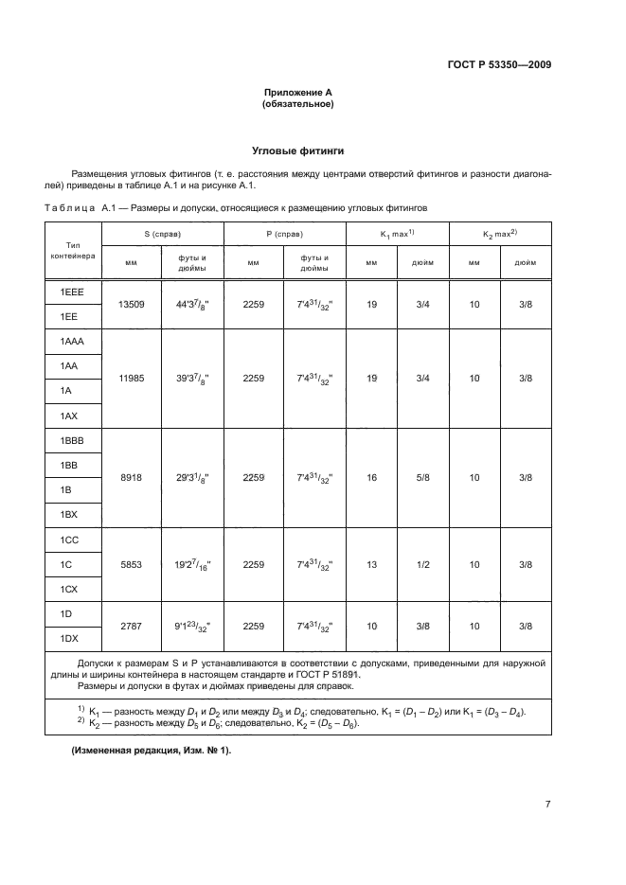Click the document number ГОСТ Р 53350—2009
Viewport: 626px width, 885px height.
click(498, 65)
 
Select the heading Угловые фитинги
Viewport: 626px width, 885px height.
click(297, 150)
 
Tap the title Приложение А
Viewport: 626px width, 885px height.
click(297, 92)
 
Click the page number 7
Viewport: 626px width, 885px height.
click(547, 805)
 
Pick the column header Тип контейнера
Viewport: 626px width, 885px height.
click(72, 250)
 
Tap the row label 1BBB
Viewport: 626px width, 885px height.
click(72, 441)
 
